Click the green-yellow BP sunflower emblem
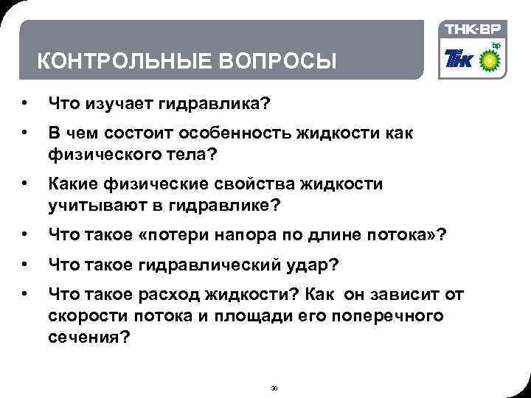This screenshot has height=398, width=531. (x=492, y=59)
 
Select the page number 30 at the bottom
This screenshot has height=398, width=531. (x=274, y=388)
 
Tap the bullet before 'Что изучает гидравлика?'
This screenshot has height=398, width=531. (x=25, y=105)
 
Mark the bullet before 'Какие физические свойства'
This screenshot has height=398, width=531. (x=25, y=184)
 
